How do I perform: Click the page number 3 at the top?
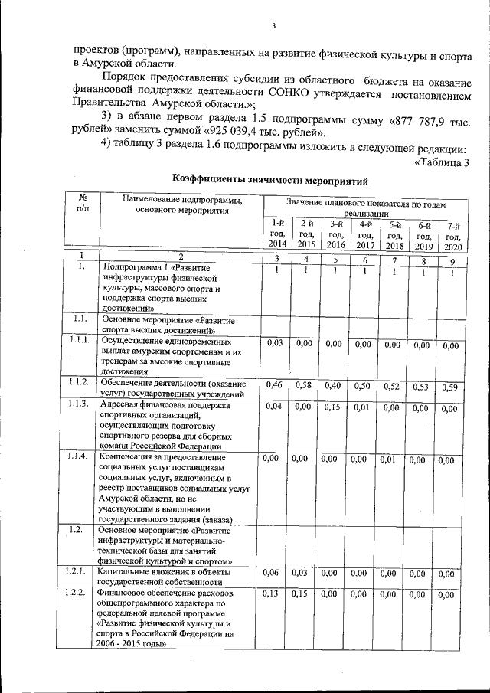pos(273,29)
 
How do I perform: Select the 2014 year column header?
pos(276,233)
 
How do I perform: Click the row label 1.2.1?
pos(77,572)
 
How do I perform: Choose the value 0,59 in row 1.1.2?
pos(449,387)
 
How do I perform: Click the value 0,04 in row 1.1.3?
pos(274,406)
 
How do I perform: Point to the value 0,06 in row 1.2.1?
pos(271,573)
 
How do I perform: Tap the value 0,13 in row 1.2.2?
pos(271,593)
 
